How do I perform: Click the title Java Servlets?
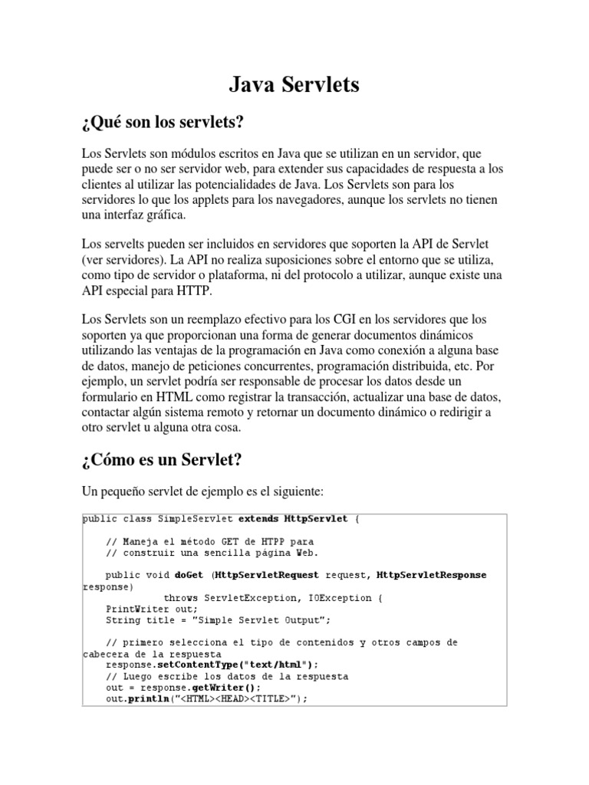pos(294,84)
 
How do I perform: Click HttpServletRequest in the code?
pos(268,575)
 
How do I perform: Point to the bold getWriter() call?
pos(230,688)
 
